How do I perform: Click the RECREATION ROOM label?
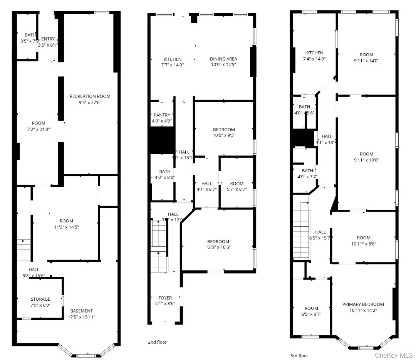tap(90, 96)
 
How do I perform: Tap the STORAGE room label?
tap(40, 299)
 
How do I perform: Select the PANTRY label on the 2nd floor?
tap(162, 115)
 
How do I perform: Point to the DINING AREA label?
tap(223, 59)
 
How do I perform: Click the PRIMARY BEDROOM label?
tap(363, 304)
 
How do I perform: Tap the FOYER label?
tap(165, 298)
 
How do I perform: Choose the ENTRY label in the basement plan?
tap(48, 39)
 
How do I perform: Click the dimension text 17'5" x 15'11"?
tap(81, 317)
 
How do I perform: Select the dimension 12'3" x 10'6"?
tap(218, 247)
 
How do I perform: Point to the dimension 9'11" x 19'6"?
tap(366, 160)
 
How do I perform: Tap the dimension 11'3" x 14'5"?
tap(66, 227)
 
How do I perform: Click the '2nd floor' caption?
tap(157, 342)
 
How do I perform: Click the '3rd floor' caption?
tap(299, 356)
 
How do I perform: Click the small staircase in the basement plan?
tap(23, 249)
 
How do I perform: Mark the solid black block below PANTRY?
tap(162, 140)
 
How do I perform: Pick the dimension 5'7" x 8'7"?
tap(237, 189)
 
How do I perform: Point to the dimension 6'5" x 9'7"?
tap(311, 314)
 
